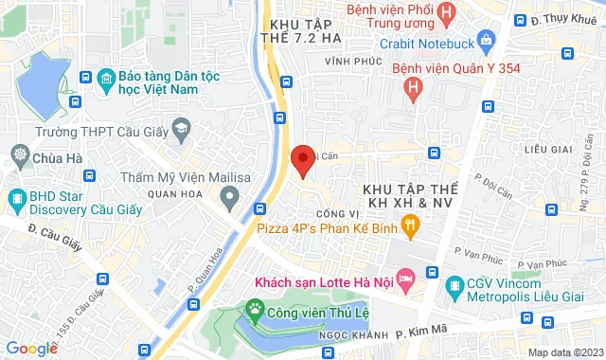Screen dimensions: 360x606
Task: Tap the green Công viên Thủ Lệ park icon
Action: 254,308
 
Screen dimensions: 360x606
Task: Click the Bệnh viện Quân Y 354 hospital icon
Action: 412,88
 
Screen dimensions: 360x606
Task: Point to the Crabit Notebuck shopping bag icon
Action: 488,39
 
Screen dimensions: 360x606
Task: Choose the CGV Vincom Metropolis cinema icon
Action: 457,283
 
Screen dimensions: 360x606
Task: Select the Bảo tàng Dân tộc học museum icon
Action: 106,78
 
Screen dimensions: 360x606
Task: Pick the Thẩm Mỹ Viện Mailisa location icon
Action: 228,197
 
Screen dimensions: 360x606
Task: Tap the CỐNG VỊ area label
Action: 337,213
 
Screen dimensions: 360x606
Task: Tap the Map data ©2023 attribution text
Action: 562,352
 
